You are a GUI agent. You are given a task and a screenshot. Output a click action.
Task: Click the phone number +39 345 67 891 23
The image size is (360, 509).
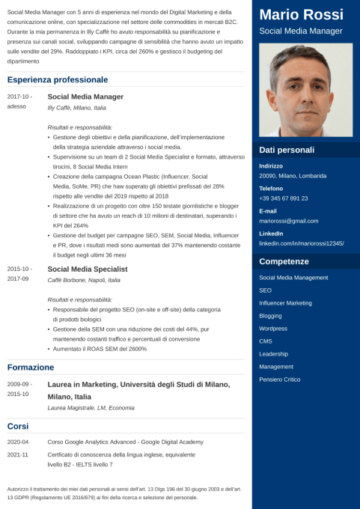pyautogui.click(x=284, y=198)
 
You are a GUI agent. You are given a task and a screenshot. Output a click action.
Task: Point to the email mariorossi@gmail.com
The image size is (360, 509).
pyautogui.click(x=288, y=222)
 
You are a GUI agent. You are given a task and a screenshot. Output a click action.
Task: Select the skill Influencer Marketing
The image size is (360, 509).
pyautogui.click(x=285, y=302)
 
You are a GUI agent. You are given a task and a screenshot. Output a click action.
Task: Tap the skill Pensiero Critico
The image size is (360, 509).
pyautogui.click(x=279, y=380)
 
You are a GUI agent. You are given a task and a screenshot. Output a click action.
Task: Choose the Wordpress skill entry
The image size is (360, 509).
pyautogui.click(x=273, y=328)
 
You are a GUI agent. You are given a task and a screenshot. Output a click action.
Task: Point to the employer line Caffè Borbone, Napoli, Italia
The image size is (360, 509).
pyautogui.click(x=84, y=280)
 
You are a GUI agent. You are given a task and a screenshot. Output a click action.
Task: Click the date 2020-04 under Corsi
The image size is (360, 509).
pyautogui.click(x=18, y=442)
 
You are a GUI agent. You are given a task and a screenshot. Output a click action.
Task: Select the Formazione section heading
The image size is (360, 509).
pyautogui.click(x=31, y=368)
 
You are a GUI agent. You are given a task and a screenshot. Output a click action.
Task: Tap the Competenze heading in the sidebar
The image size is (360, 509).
pyautogui.click(x=284, y=261)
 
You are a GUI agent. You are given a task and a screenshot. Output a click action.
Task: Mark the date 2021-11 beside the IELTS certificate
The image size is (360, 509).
pyautogui.click(x=18, y=454)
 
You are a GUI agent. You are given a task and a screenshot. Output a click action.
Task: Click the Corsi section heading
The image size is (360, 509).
pyautogui.click(x=18, y=425)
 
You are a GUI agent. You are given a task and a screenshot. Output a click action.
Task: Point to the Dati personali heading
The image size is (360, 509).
pyautogui.click(x=287, y=150)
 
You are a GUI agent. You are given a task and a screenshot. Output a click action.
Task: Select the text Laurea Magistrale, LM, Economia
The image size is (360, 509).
pyautogui.click(x=91, y=408)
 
